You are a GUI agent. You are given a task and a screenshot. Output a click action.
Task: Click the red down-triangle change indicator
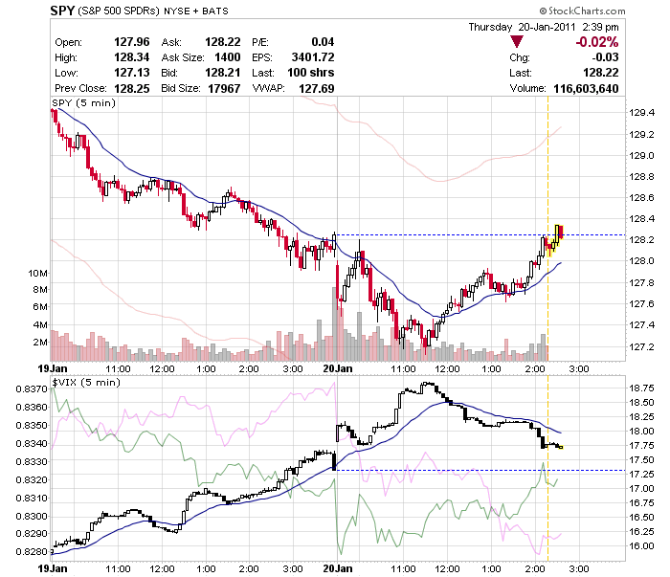point(517,41)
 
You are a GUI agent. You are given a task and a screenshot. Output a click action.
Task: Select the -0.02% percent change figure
point(594,42)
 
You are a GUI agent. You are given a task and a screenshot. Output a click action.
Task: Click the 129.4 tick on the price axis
point(641,112)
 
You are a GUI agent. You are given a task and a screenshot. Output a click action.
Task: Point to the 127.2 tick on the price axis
point(641,346)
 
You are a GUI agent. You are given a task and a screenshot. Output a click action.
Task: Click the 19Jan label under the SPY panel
point(50,367)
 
